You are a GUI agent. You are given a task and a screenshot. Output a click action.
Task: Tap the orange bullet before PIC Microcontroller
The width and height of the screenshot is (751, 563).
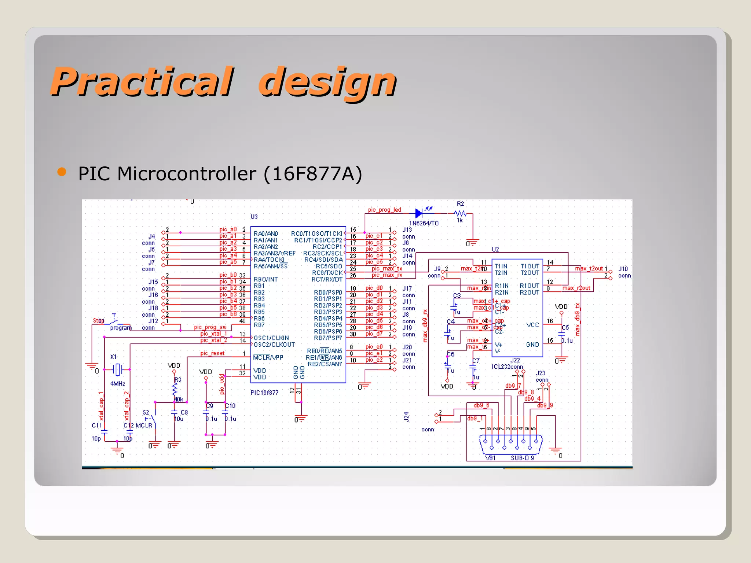pos(62,172)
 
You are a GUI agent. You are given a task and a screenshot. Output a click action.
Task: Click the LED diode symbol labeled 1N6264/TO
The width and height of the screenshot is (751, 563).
pos(419,213)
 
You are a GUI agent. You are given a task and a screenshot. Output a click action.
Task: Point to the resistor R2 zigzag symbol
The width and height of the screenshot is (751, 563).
pos(460,213)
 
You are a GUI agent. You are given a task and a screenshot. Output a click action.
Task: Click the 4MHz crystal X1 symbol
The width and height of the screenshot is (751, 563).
pos(117,369)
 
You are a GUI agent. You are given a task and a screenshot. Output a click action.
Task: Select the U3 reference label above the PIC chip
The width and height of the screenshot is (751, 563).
pos(254,217)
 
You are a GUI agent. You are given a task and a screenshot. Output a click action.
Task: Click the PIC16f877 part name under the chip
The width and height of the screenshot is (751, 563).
pos(264,393)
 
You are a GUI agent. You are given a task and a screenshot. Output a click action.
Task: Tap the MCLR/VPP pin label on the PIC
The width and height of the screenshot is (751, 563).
pos(268,357)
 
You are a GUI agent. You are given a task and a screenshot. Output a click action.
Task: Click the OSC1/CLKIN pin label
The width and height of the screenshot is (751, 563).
pos(271,338)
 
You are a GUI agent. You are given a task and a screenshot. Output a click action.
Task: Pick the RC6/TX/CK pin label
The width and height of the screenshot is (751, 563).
pos(327,273)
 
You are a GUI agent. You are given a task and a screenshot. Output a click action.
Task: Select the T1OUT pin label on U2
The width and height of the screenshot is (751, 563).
pos(530,266)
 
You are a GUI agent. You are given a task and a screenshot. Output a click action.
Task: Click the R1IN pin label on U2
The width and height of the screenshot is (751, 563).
pos(502,286)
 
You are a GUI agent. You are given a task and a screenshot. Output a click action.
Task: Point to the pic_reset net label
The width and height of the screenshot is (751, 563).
pos(212,353)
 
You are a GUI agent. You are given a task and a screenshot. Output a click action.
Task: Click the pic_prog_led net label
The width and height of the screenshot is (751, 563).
pos(384,210)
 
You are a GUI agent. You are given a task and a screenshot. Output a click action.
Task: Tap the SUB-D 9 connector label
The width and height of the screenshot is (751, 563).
pos(522,458)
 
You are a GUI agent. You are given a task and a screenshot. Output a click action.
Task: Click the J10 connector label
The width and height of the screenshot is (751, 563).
pos(623,269)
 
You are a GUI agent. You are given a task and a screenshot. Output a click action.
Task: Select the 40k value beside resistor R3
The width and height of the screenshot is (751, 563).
pos(179,399)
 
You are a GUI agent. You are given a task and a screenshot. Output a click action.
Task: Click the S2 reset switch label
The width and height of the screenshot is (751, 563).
pos(146,412)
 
